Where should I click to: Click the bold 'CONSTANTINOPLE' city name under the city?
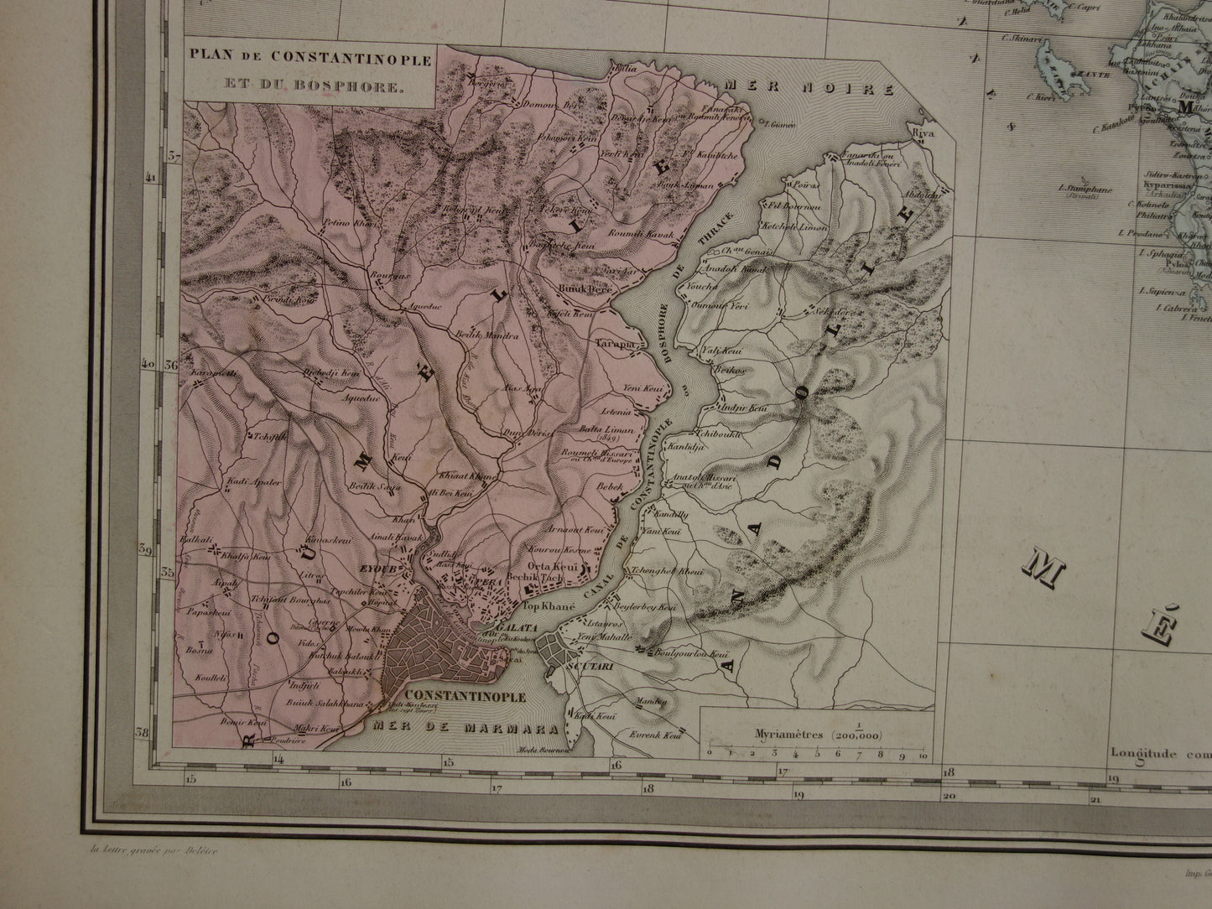tap(466, 696)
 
